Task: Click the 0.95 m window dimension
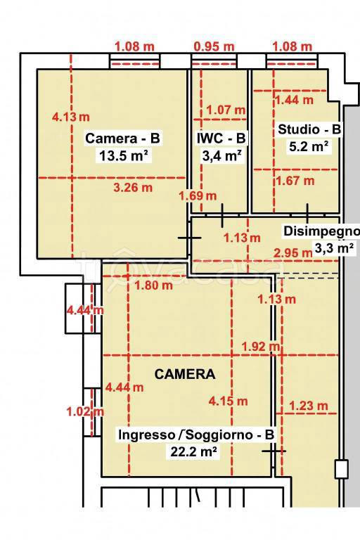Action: (214, 46)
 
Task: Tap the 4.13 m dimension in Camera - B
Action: (70, 117)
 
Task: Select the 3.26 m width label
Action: (133, 188)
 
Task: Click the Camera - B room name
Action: (122, 138)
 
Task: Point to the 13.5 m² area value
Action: (124, 155)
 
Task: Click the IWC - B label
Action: (221, 138)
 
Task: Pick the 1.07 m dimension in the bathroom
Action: (226, 110)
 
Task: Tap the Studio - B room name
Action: (309, 129)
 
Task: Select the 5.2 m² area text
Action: (309, 147)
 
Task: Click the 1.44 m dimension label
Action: (294, 100)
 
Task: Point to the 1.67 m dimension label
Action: (295, 181)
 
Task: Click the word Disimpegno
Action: (321, 231)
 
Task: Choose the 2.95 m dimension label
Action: (292, 253)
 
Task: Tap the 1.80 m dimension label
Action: (154, 285)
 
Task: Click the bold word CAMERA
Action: (185, 374)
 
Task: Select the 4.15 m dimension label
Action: (229, 401)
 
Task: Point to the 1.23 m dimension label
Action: (309, 406)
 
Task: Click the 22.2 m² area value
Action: (194, 451)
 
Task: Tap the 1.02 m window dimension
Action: (85, 411)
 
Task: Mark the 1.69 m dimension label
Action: (198, 196)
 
